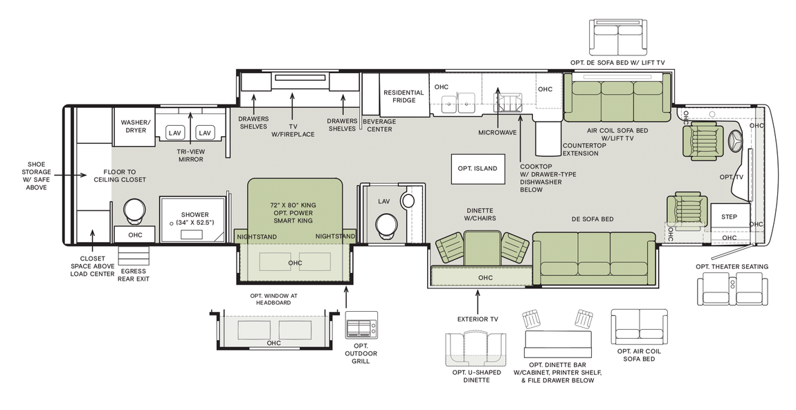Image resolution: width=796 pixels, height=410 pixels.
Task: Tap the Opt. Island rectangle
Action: point(477,168)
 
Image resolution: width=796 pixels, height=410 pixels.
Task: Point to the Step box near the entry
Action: point(730,216)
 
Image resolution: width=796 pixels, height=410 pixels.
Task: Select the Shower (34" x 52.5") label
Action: point(195,218)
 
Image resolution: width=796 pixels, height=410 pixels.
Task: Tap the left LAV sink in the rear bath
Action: point(175,132)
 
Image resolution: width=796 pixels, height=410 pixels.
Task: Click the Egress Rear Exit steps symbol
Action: point(134,256)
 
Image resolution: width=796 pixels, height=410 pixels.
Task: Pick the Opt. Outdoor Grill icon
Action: point(361,324)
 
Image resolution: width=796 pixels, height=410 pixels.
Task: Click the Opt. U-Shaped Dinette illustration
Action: point(477,348)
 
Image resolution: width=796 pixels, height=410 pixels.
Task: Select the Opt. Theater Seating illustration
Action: point(732,288)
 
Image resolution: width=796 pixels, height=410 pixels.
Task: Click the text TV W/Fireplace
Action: point(293,129)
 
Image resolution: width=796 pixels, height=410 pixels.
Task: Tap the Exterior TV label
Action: point(477,319)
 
